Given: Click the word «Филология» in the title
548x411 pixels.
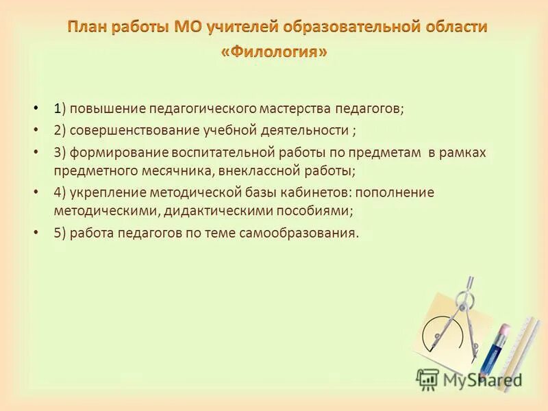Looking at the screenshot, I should coord(274,52).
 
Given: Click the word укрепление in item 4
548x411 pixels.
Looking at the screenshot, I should coord(105,192).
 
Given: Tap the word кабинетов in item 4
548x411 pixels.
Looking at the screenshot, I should coord(319,192).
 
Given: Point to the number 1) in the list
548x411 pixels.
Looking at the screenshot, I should coord(60,109).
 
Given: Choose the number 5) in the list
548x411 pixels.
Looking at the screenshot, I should coord(60,233).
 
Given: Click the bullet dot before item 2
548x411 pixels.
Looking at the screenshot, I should coord(36,129).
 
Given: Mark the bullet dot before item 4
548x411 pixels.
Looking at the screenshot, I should coord(36,192).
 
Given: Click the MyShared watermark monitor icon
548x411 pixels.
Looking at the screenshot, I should coord(427,379).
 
